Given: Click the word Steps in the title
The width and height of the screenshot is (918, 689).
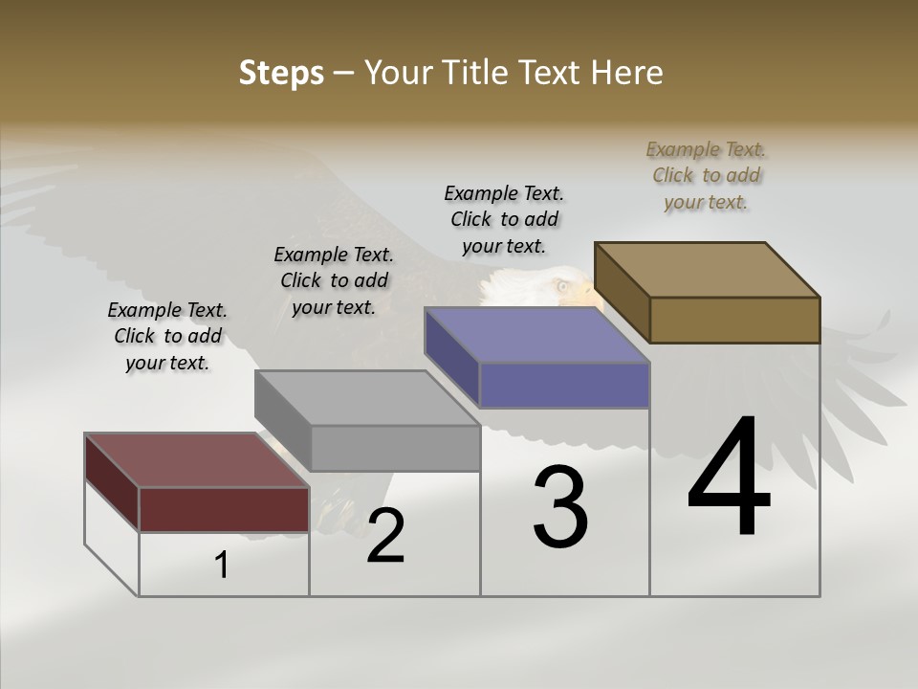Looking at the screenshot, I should (281, 73).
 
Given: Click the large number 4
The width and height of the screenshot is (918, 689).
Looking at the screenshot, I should (729, 478).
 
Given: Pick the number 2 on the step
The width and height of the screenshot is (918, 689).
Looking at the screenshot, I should (385, 536).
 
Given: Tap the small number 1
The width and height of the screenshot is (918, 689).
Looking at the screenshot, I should (222, 566).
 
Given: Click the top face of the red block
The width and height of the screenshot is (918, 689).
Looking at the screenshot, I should (196, 460).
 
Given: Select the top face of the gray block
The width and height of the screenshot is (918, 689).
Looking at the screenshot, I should (367, 398).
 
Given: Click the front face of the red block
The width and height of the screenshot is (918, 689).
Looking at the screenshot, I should (224, 509).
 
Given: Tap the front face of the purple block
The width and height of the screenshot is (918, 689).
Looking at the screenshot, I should (564, 385).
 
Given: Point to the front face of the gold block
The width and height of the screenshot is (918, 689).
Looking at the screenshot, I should (734, 320).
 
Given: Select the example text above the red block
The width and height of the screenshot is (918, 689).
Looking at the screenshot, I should (167, 337).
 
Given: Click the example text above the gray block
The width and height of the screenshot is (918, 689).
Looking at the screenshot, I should (334, 281).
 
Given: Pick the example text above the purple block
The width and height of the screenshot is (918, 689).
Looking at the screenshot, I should (504, 220).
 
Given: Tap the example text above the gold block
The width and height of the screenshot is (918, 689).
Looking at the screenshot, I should (706, 176).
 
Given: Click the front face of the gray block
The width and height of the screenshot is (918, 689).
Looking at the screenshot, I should (395, 448).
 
